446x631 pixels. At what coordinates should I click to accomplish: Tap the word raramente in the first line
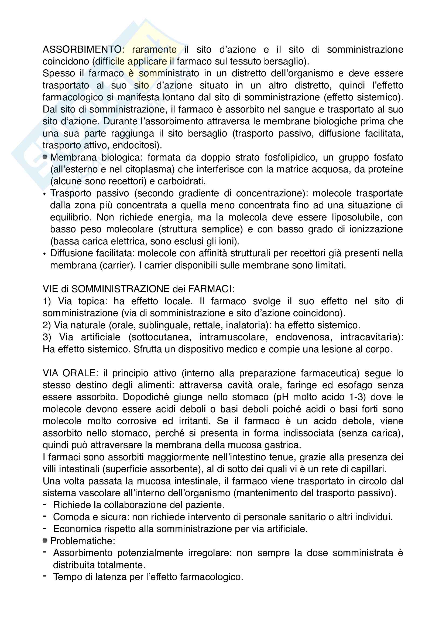coord(154,49)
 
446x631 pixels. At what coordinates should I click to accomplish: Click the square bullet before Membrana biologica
coord(45,157)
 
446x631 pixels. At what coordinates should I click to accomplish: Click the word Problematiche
coord(83,541)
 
